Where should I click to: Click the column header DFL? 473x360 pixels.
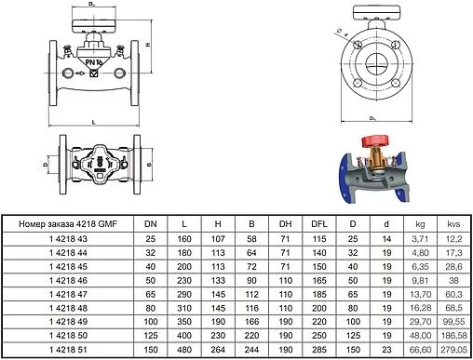[x=318, y=224]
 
